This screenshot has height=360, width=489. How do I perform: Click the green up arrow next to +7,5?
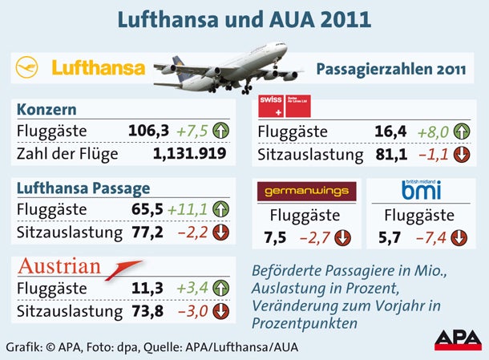pyautogui.click(x=220, y=130)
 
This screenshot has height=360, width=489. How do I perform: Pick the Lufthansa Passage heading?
pyautogui.click(x=83, y=188)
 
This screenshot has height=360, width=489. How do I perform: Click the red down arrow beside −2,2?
pyautogui.click(x=220, y=233)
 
